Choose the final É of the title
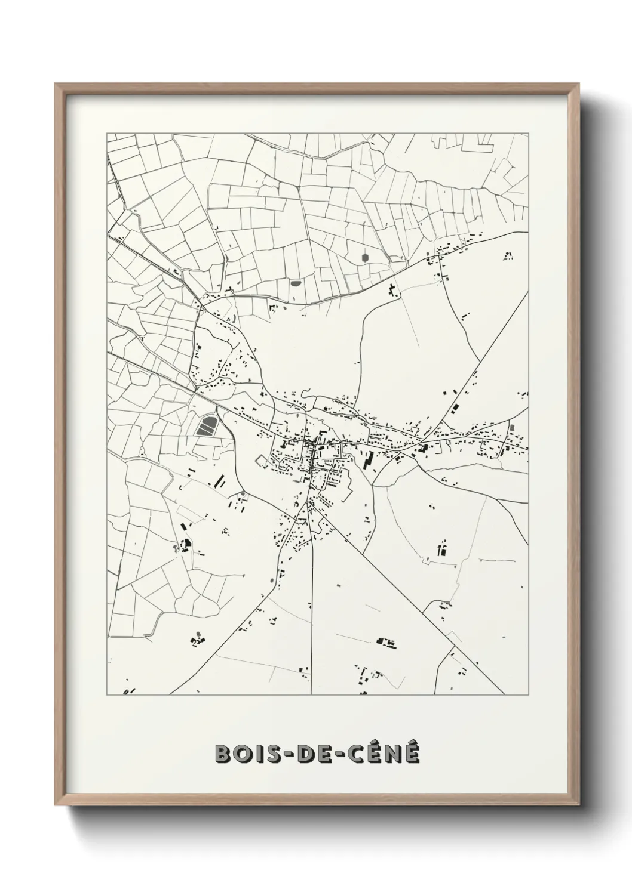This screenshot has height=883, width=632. [412, 753]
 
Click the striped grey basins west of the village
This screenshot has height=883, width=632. [207, 426]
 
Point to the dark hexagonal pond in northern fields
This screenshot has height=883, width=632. [364, 258]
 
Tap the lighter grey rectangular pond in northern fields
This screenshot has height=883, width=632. [295, 283]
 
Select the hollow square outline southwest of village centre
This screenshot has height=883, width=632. [262, 461]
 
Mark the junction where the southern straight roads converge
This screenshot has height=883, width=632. [309, 503]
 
